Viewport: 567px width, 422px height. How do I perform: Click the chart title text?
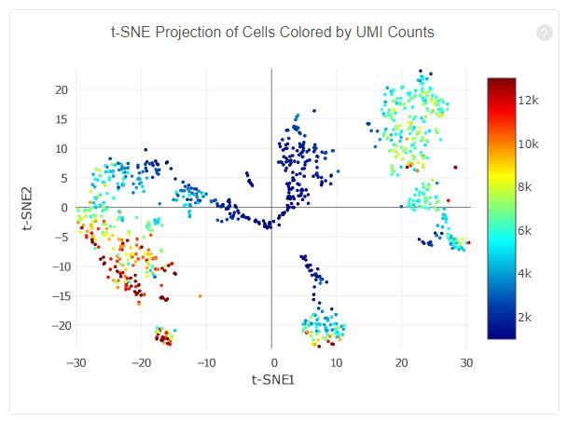(272, 33)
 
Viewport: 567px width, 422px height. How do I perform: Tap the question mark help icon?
(545, 34)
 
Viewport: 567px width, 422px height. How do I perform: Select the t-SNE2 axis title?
(32, 207)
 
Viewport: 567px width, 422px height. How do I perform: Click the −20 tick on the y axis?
(60, 325)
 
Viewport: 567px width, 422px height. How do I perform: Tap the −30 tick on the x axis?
(76, 361)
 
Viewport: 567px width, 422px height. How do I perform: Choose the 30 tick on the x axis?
(466, 361)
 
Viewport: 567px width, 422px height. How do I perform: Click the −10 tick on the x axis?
(206, 361)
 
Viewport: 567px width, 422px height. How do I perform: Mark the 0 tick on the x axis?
(272, 361)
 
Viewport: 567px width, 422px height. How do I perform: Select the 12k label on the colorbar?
(529, 100)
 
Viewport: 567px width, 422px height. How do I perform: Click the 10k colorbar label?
(529, 143)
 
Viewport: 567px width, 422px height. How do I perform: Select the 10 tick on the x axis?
(338, 361)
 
